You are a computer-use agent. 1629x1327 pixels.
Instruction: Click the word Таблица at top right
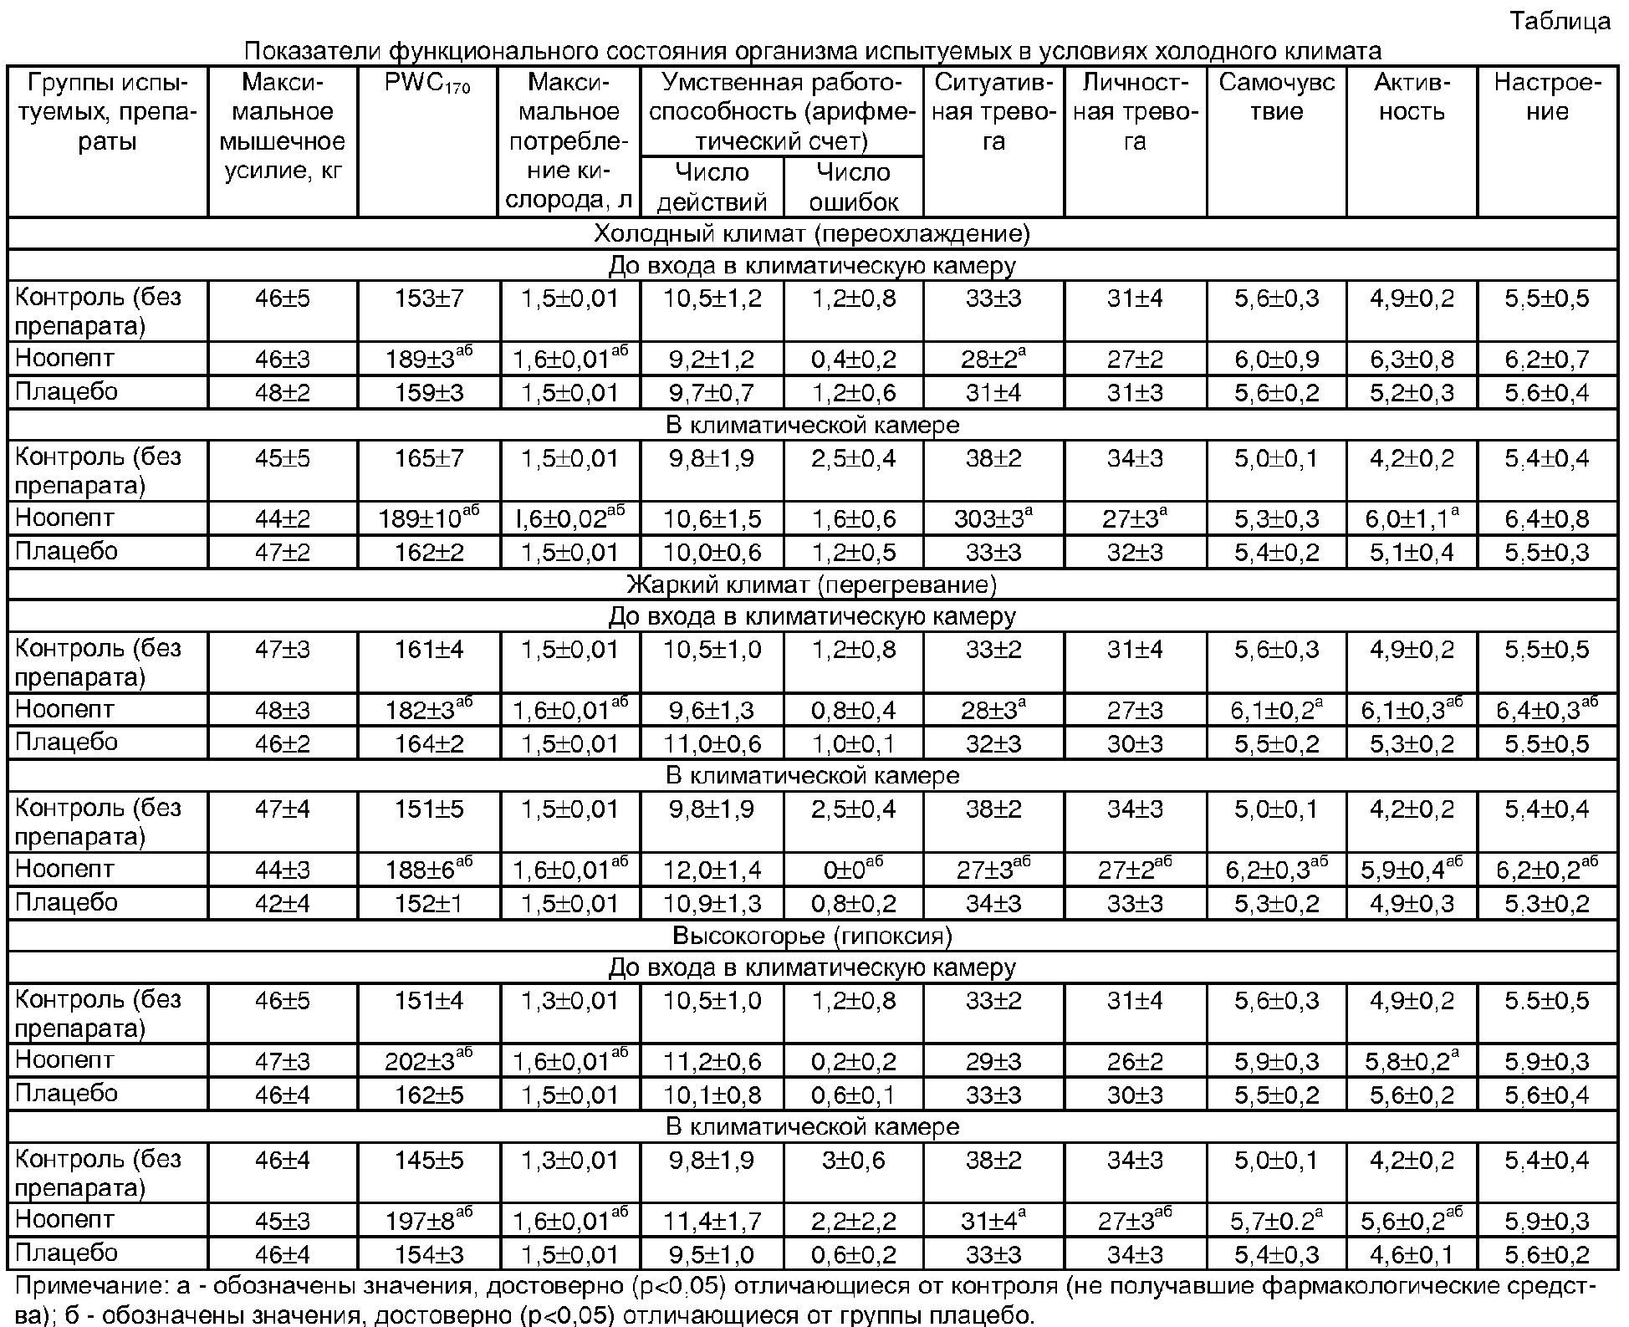pyautogui.click(x=1560, y=20)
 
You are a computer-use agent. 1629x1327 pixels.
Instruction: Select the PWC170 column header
pyautogui.click(x=428, y=84)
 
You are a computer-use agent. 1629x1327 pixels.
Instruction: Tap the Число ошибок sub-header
pyautogui.click(x=854, y=186)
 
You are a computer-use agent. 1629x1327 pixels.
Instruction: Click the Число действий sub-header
pyautogui.click(x=712, y=186)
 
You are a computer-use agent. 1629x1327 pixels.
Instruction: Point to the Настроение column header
pyautogui.click(x=1547, y=97)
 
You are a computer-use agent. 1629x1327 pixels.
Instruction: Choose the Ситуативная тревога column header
pyautogui.click(x=993, y=111)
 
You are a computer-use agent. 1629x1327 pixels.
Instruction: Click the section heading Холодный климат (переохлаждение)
pyautogui.click(x=812, y=233)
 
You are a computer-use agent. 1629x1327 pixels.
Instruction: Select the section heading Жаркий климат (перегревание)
pyautogui.click(x=812, y=584)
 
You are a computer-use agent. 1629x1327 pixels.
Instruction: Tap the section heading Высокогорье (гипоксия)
pyautogui.click(x=812, y=936)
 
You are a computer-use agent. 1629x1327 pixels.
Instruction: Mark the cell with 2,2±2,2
pyautogui.click(x=854, y=1221)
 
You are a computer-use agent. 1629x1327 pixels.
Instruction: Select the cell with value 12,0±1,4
pyautogui.click(x=712, y=870)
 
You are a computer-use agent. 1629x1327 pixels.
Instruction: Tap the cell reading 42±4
pyautogui.click(x=283, y=903)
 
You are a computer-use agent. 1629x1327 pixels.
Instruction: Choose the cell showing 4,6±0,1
pyautogui.click(x=1412, y=1254)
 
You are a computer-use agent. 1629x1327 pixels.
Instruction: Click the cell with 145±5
pyautogui.click(x=428, y=1160)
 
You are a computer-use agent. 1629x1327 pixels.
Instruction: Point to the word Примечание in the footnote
pyautogui.click(x=79, y=1286)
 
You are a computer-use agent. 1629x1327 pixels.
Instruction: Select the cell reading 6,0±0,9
pyautogui.click(x=1276, y=360)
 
